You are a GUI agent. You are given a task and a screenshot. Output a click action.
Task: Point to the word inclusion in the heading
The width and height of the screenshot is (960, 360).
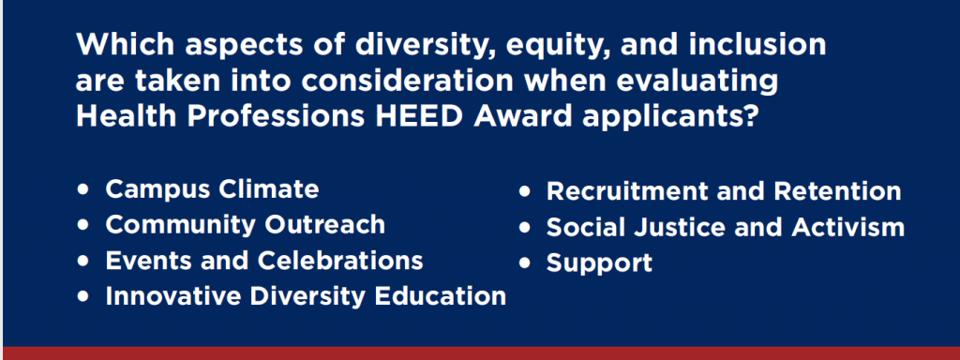762,45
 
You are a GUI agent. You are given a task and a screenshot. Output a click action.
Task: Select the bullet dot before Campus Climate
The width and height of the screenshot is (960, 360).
82,189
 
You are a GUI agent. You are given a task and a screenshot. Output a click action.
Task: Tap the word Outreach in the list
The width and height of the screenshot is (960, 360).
325,225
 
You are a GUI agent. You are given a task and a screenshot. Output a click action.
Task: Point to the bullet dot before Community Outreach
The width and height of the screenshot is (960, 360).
82,225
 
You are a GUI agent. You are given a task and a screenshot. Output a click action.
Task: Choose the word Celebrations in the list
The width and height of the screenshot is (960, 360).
340,261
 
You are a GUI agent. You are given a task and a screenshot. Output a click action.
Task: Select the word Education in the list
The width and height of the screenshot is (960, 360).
441,295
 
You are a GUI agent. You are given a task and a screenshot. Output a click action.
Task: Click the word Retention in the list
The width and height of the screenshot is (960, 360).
837,191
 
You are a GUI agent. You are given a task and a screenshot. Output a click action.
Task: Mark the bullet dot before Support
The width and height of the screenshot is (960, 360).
524,263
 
